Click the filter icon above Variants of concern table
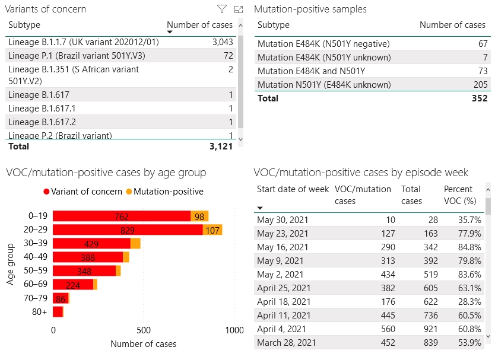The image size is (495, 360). coord(221,9)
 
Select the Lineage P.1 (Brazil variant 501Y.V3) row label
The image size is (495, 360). coord(77,56)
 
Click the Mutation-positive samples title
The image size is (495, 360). coord(310,9)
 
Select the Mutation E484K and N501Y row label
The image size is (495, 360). coord(311,71)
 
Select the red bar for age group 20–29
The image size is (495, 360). coord(128,230)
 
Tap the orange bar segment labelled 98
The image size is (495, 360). coord(199,216)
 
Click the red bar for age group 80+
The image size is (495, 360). coord(58,311)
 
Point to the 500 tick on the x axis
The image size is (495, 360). coord(144,330)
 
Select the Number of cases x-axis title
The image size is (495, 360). coord(143,344)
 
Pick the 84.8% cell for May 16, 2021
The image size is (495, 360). coord(469,247)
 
